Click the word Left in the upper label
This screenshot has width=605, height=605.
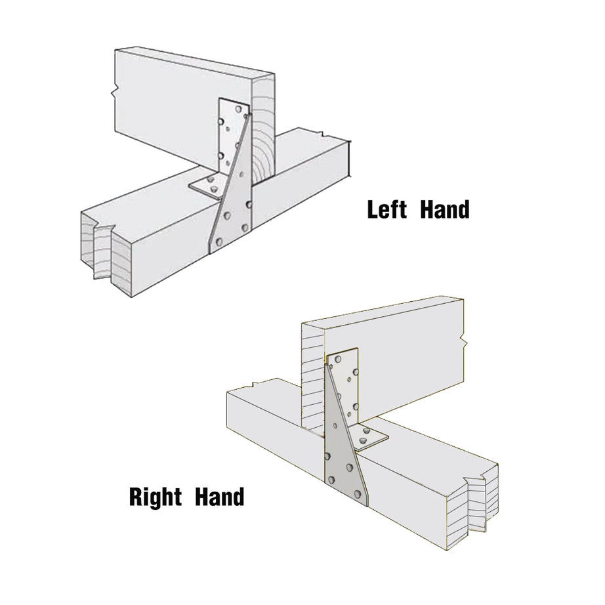[387, 210]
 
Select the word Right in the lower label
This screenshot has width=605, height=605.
[156, 496]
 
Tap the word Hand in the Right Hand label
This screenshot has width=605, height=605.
[220, 496]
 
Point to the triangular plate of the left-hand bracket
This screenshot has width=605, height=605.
[230, 203]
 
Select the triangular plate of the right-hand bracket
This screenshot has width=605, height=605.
[341, 453]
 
